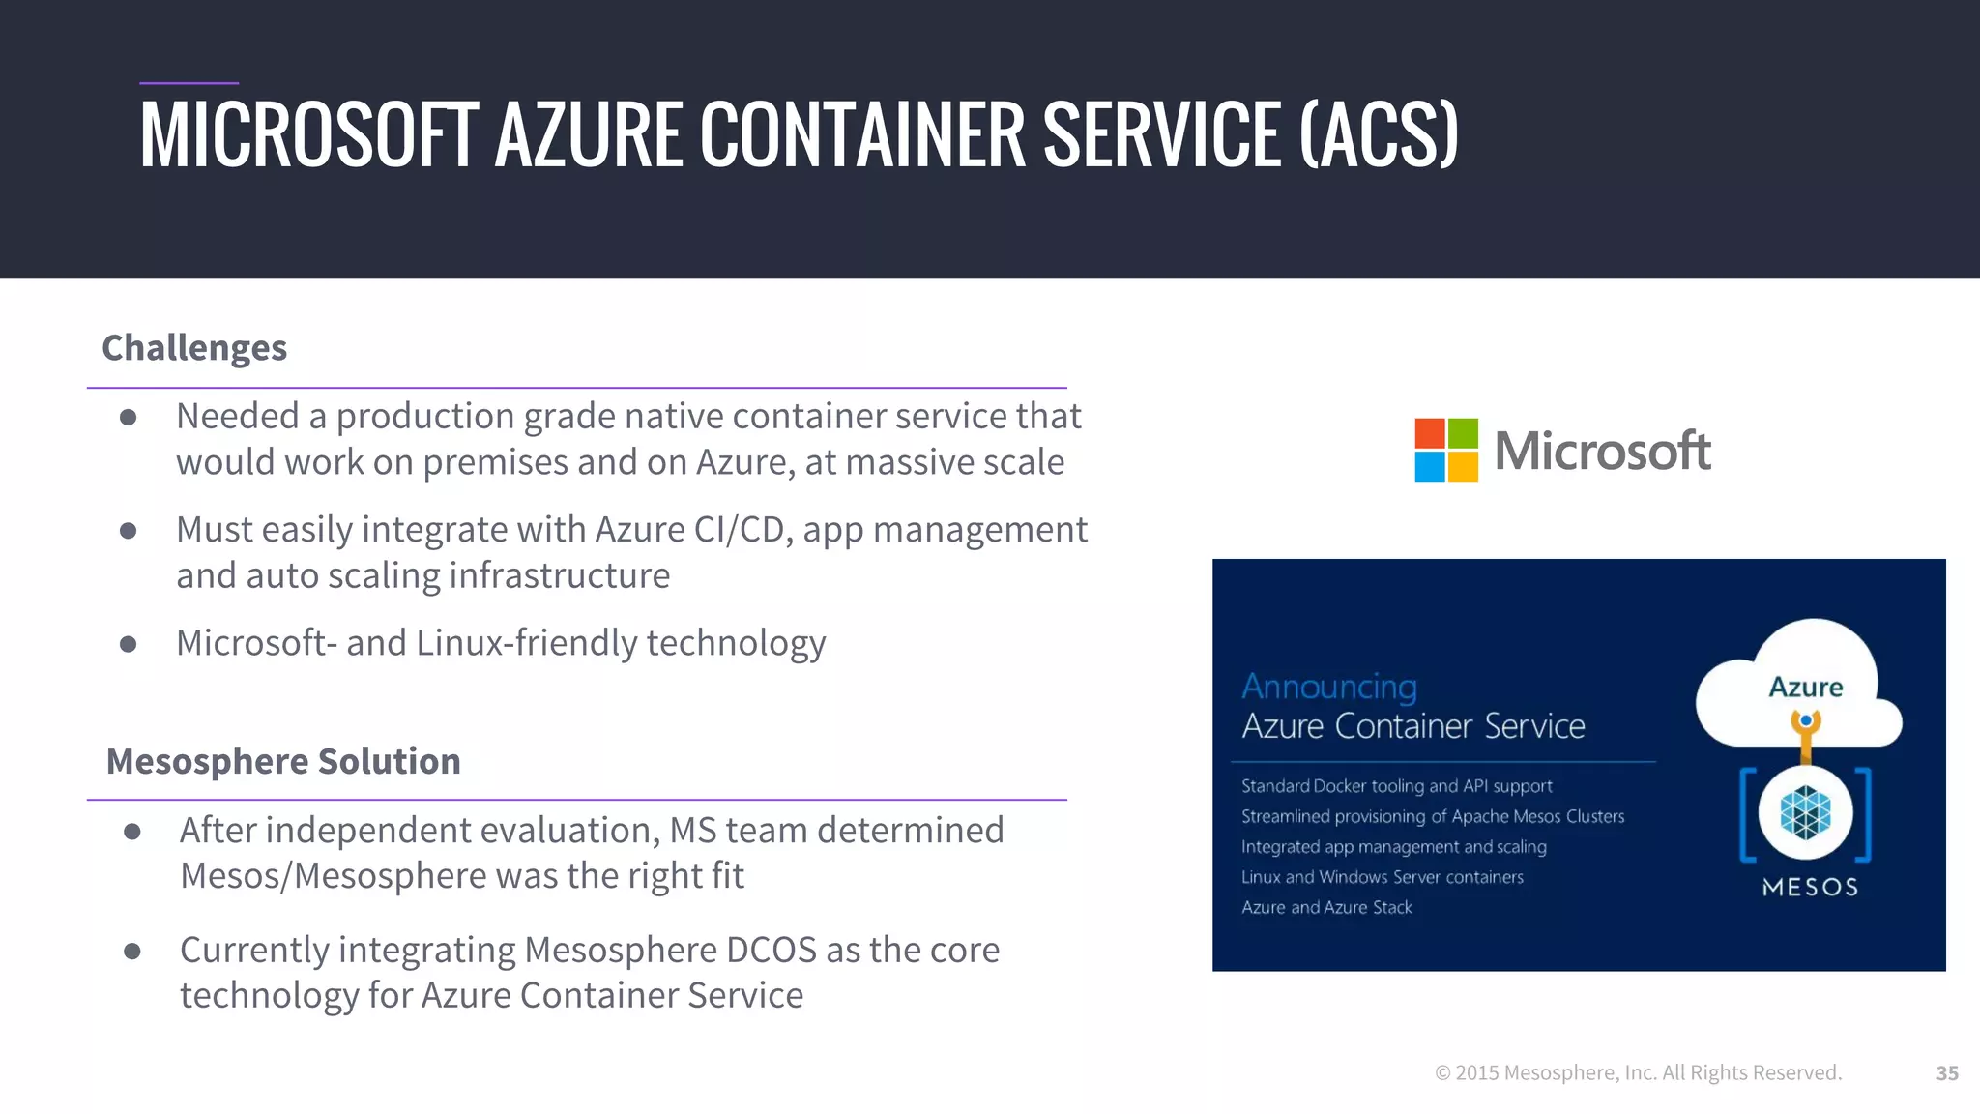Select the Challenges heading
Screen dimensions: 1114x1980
click(194, 348)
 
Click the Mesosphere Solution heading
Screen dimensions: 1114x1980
click(283, 761)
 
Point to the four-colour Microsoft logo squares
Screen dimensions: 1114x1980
click(1445, 450)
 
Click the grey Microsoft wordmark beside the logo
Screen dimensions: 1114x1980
click(1602, 451)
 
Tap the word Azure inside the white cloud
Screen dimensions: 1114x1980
click(1805, 687)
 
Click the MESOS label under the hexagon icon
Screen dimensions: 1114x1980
click(1810, 887)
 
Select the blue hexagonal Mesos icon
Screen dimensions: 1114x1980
click(1805, 812)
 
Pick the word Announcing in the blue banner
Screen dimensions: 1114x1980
click(1329, 686)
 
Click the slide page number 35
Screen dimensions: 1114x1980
click(1947, 1072)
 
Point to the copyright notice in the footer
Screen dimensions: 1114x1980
click(1638, 1072)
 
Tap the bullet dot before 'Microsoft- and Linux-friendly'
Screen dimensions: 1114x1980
click(129, 644)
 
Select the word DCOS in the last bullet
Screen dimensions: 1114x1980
click(771, 950)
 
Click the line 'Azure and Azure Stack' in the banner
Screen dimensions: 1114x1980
click(1326, 907)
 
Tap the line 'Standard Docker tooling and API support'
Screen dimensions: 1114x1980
click(1396, 786)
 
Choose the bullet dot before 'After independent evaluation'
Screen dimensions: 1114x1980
click(132, 831)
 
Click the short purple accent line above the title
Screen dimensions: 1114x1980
click(189, 83)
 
